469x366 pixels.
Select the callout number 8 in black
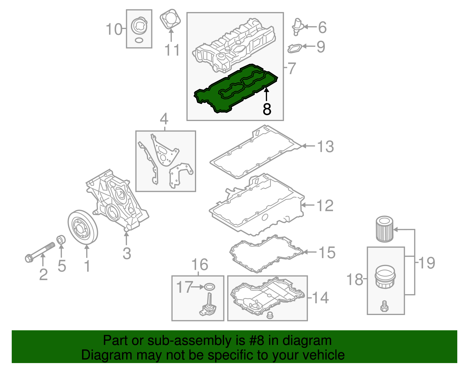click(x=267, y=109)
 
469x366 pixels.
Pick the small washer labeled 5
click(x=61, y=239)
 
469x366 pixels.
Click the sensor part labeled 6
click(x=297, y=26)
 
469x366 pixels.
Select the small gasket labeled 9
click(x=295, y=48)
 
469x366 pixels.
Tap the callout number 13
click(x=325, y=146)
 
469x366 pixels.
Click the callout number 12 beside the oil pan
click(x=325, y=206)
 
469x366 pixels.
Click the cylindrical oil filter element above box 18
click(x=384, y=229)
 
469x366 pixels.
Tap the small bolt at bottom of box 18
click(x=384, y=306)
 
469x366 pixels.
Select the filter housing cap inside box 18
click(x=385, y=277)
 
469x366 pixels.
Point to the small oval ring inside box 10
click(x=139, y=40)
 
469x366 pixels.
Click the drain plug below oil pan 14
click(x=270, y=316)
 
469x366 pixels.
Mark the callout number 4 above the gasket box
click(x=164, y=119)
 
